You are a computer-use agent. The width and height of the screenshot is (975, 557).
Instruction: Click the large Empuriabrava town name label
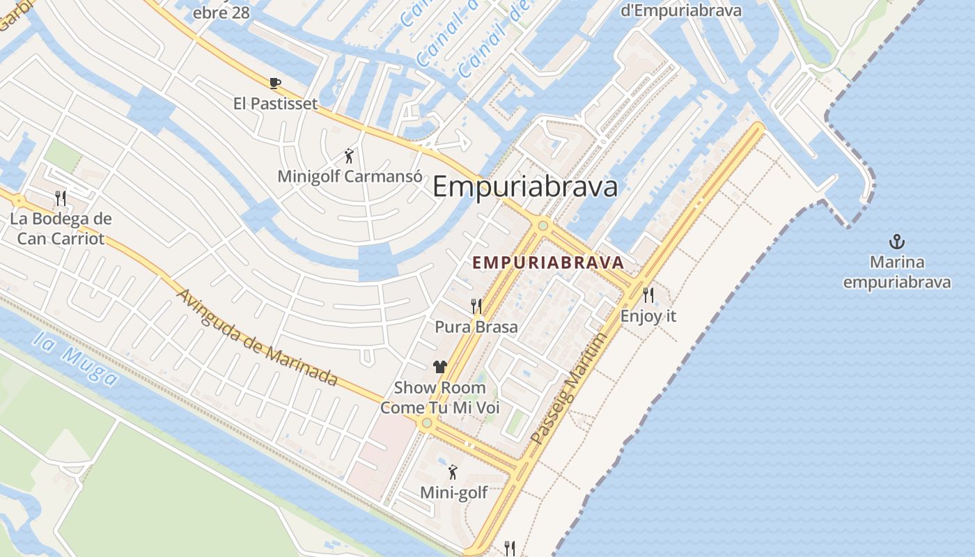(525, 187)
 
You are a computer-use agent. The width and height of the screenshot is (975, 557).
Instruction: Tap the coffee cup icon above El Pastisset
(275, 84)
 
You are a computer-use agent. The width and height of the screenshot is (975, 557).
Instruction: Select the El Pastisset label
(275, 104)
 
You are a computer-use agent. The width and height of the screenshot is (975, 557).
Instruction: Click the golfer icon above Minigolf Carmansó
(349, 156)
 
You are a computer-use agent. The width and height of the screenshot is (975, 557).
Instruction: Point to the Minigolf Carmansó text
(350, 176)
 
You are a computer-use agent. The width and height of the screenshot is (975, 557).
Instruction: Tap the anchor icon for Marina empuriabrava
(897, 242)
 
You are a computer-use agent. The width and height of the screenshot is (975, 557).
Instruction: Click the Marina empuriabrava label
(897, 272)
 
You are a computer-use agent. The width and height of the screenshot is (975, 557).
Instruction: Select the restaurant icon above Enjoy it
(648, 295)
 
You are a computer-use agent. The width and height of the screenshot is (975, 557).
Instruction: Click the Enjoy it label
(648, 315)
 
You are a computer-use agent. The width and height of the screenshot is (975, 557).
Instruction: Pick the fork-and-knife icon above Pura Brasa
(476, 306)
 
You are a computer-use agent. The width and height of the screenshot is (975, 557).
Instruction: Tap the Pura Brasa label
(476, 327)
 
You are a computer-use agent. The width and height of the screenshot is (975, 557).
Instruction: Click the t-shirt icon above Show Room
(439, 367)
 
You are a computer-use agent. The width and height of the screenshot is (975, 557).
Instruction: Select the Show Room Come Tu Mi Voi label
(440, 398)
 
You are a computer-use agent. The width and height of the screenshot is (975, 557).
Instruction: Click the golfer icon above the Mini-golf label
(453, 472)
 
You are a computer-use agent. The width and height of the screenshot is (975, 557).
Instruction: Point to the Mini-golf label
(453, 493)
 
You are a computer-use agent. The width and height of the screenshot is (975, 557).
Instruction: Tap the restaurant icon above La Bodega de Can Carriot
(61, 198)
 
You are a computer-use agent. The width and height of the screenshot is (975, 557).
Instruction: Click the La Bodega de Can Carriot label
(61, 229)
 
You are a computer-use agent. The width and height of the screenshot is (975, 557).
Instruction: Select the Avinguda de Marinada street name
(257, 337)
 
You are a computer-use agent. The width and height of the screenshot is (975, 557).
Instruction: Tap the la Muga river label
(77, 359)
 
